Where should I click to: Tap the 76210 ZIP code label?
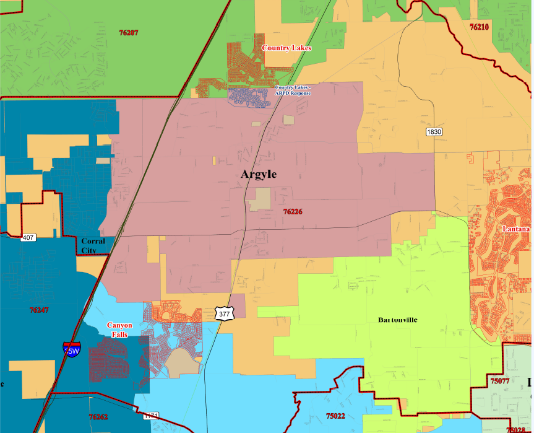coord(479,27)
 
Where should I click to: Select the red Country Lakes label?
coord(286,48)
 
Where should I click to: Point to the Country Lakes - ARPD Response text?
coord(293,90)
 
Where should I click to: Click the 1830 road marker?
coord(434,133)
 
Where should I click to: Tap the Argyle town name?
coord(259,175)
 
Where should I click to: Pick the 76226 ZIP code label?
coord(293,212)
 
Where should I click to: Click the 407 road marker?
coord(28,237)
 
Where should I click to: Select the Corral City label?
coord(93,246)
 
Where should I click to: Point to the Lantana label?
coord(516,229)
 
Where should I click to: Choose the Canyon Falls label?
coord(119,330)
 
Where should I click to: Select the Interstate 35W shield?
coord(71,349)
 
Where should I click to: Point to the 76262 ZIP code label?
coord(98,418)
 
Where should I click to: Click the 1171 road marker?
coord(152,416)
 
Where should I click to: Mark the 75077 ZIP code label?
coord(499,381)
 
